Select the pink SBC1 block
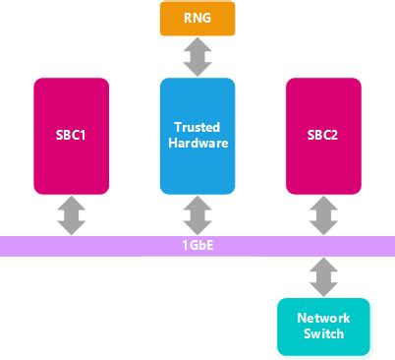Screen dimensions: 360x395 pyautogui.click(x=72, y=135)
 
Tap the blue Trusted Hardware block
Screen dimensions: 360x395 pyautogui.click(x=197, y=135)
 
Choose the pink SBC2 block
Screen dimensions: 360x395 pyautogui.click(x=323, y=135)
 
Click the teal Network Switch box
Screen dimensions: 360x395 pyautogui.click(x=323, y=326)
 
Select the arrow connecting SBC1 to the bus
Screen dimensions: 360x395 pyautogui.click(x=72, y=213)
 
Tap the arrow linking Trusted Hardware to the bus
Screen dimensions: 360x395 pyautogui.click(x=197, y=213)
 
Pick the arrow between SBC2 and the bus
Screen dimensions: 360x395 pyautogui.click(x=323, y=213)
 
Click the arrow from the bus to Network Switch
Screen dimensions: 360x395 pyautogui.click(x=323, y=276)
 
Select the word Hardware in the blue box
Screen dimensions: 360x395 pyautogui.click(x=197, y=144)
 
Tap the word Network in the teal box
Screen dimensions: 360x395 pyautogui.click(x=323, y=319)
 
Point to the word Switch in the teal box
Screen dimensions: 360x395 pyautogui.click(x=323, y=334)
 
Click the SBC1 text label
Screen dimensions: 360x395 pyautogui.click(x=72, y=136)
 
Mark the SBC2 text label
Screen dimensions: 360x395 pyautogui.click(x=323, y=136)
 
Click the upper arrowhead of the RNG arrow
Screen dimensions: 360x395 pyautogui.click(x=197, y=45)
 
